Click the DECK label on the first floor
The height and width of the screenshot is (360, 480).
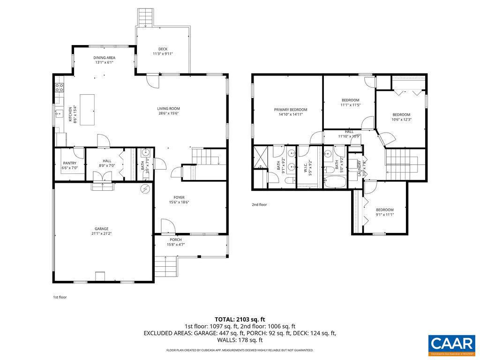tap(163, 49)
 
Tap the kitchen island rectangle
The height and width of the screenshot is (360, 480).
tap(87, 110)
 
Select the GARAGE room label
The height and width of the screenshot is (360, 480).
tap(102, 229)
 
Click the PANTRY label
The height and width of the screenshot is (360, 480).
tap(69, 164)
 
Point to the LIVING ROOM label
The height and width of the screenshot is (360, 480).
tap(168, 109)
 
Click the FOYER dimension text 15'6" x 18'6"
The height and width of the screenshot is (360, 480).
tap(179, 202)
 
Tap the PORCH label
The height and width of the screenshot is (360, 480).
tap(176, 240)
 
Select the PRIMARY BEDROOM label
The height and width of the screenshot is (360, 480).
tap(291, 110)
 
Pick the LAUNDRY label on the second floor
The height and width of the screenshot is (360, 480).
tap(360, 167)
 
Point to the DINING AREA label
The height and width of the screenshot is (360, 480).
tap(104, 58)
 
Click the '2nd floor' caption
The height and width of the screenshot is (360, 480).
tap(259, 204)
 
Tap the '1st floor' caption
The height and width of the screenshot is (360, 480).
tap(60, 297)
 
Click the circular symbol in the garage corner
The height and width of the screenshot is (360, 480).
tap(145, 188)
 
